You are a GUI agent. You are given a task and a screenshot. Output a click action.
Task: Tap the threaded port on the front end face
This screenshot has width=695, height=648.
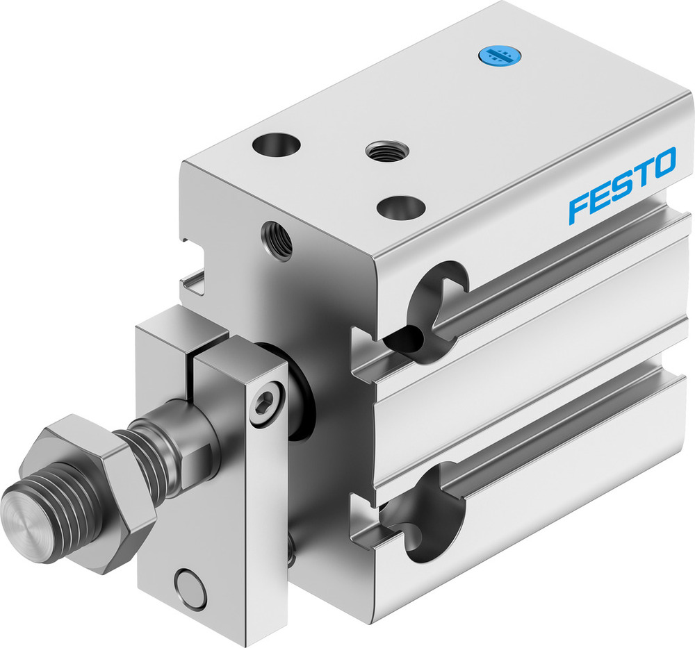tap(277, 239)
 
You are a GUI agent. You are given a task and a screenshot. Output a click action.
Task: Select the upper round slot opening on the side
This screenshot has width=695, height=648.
tap(434, 306)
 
